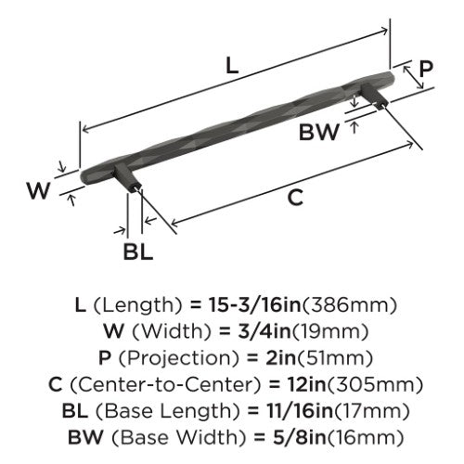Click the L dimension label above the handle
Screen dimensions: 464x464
click(x=232, y=65)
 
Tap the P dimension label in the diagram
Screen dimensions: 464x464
click(x=426, y=69)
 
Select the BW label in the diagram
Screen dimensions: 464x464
click(x=319, y=132)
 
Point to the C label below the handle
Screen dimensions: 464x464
click(x=295, y=198)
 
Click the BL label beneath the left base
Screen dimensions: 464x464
click(x=138, y=251)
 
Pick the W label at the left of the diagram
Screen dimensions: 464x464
click(x=38, y=190)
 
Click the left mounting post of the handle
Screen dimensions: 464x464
click(x=128, y=179)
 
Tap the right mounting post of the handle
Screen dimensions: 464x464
click(x=374, y=96)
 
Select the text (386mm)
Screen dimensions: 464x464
click(x=349, y=305)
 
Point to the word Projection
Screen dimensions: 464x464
click(x=179, y=358)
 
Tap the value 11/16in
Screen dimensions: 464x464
click(x=300, y=411)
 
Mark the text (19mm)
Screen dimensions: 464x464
click(x=330, y=332)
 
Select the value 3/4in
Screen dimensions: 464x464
click(x=265, y=331)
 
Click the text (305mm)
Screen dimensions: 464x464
click(x=375, y=385)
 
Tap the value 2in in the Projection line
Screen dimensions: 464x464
click(x=279, y=358)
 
